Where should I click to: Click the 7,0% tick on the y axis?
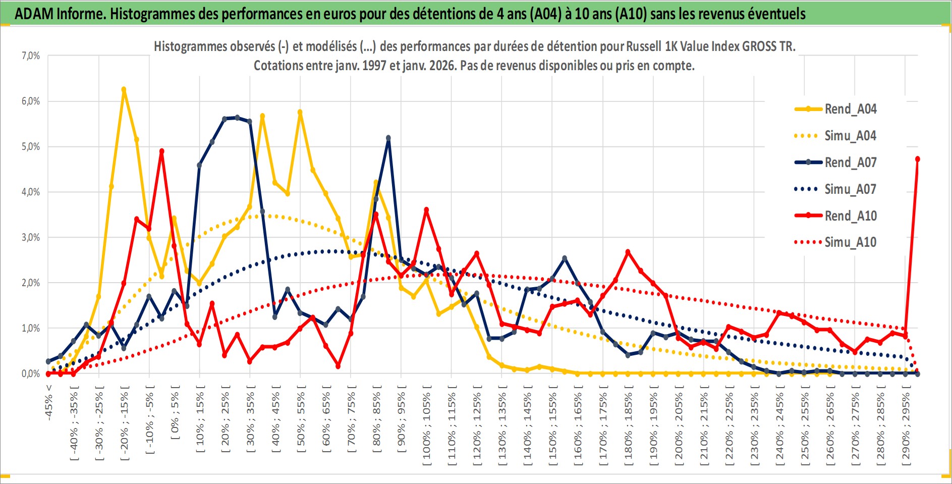pos(30,56)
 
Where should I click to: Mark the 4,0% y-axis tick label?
pos(30,192)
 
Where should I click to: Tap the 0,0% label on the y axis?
pos(30,373)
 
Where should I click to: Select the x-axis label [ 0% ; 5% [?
pos(175,415)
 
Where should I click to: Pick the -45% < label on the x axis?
pos(49,402)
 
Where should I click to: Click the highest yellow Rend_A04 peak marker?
pos(124,89)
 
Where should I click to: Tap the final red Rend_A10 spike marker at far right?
pos(917,159)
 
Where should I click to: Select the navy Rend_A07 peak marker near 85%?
pos(388,138)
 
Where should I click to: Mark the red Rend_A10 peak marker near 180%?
pos(628,252)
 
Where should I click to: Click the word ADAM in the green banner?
pos(34,14)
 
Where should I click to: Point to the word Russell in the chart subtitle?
pos(644,46)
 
